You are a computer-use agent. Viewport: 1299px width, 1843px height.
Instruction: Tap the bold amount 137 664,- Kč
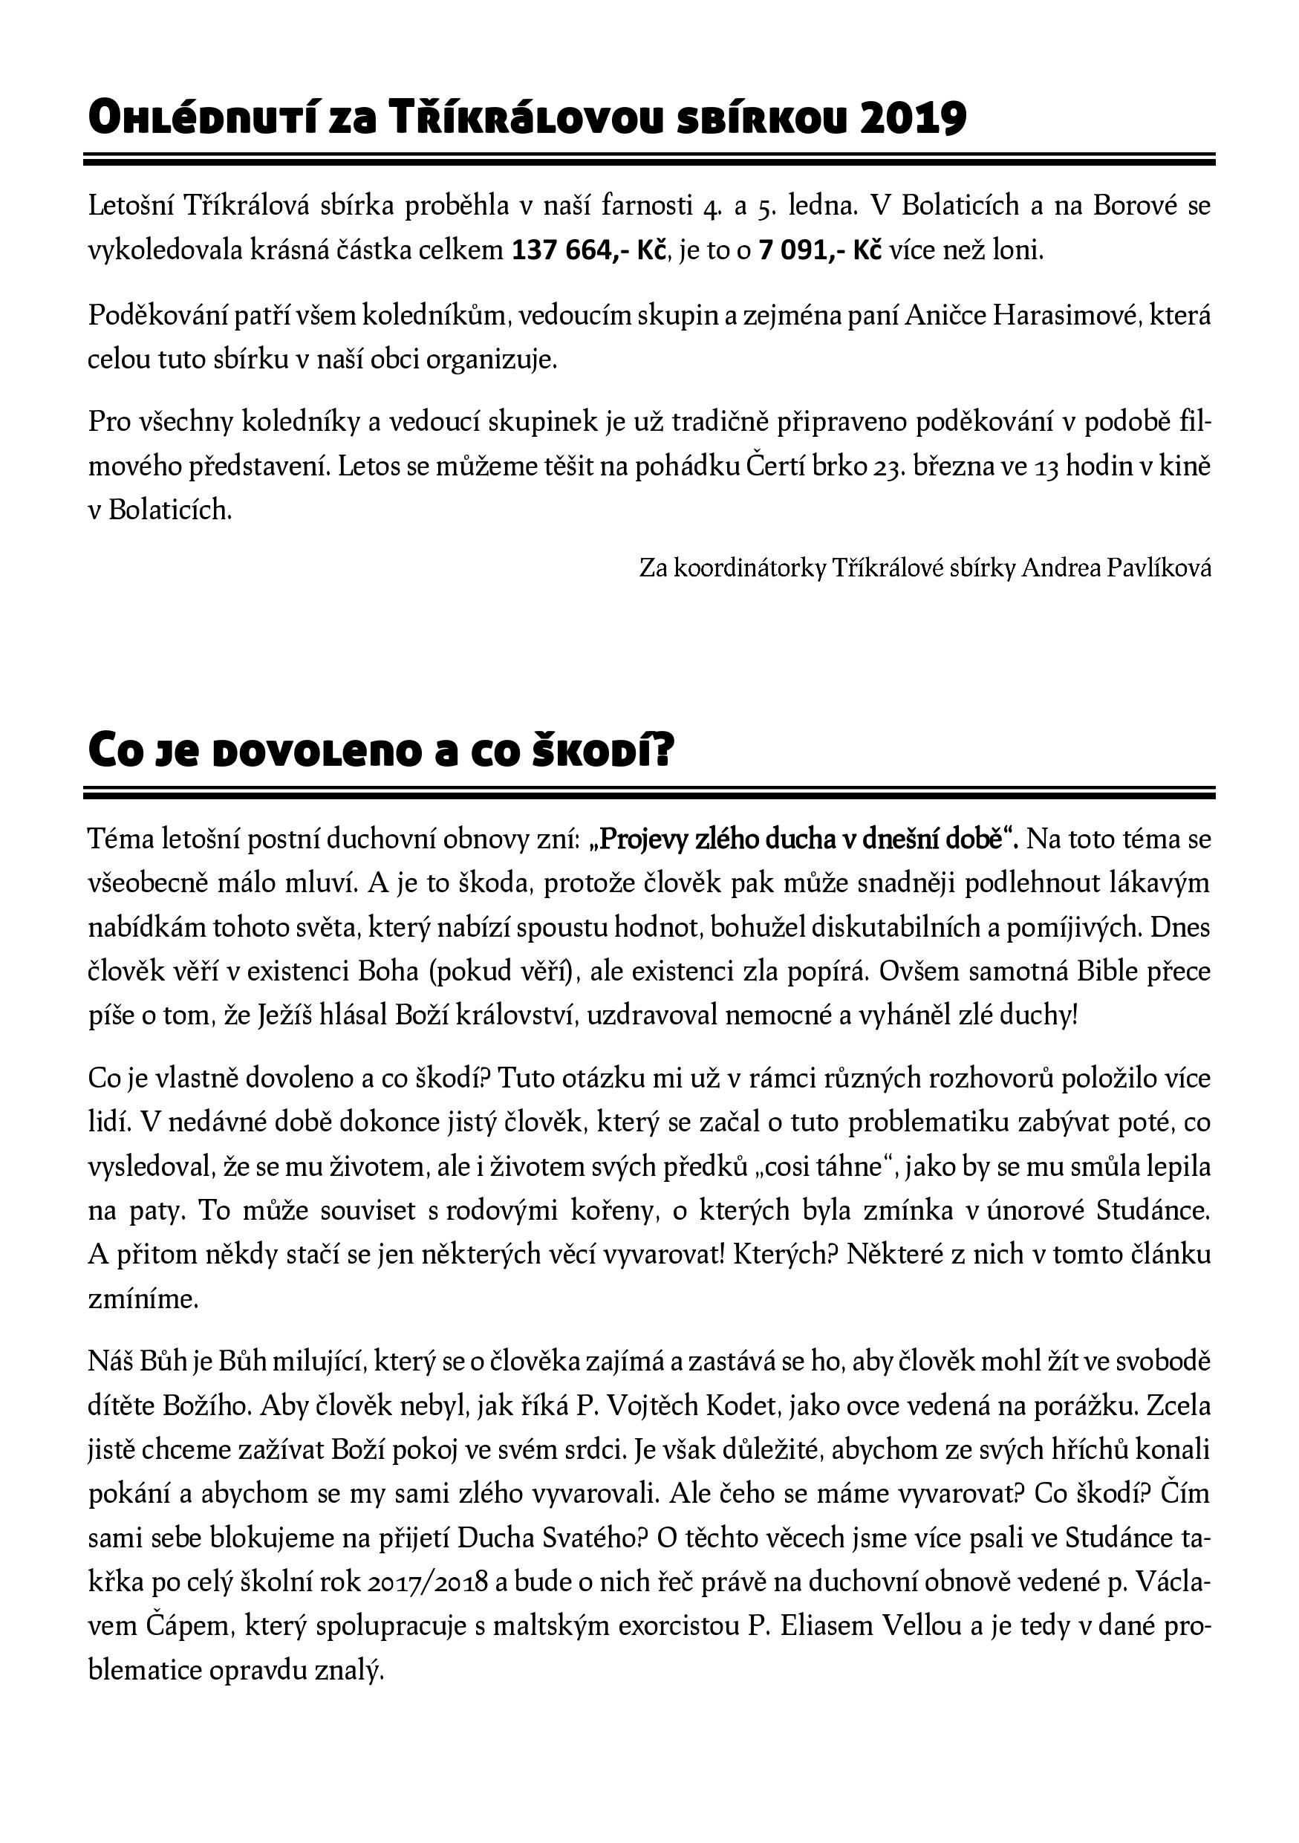click(x=590, y=251)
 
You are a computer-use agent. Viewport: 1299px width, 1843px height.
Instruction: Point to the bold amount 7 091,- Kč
click(x=819, y=251)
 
